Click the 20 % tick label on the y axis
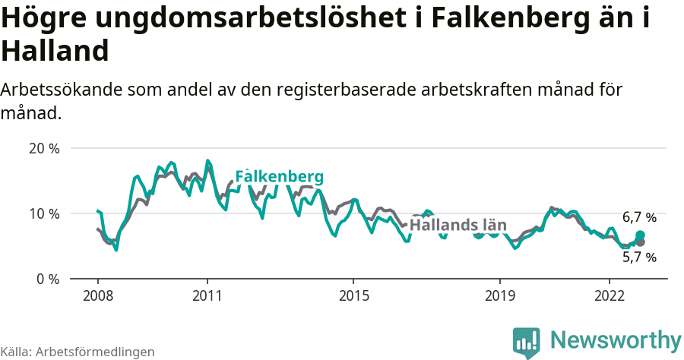(x=44, y=149)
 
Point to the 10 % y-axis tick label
(x=44, y=214)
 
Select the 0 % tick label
(x=48, y=279)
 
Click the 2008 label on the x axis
(x=98, y=295)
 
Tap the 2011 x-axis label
(x=207, y=295)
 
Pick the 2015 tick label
(x=353, y=295)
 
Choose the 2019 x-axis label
(x=499, y=295)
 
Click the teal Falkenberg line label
(x=280, y=177)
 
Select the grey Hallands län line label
(x=458, y=225)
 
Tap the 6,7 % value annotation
(x=639, y=218)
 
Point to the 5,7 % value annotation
(x=639, y=257)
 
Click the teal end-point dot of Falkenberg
(x=640, y=235)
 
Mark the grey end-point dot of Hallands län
(x=640, y=242)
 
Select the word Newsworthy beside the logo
(x=616, y=339)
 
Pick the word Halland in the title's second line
(x=55, y=52)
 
